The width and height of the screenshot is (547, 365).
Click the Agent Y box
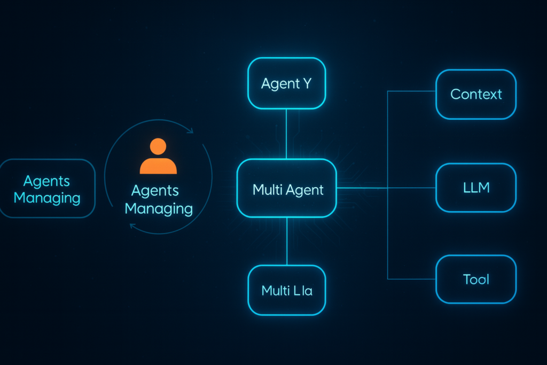pos(286,83)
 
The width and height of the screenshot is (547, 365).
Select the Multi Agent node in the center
pos(287,188)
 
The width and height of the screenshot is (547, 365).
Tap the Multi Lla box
pos(287,290)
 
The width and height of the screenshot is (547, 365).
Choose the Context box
pos(476,94)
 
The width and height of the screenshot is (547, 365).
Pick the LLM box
pos(476,188)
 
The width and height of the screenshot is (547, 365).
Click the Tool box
pos(476,279)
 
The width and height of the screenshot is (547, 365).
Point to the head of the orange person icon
pos(158,146)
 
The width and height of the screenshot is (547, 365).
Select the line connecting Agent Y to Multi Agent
pos(287,134)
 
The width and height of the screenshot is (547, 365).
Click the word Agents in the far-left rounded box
pos(47,181)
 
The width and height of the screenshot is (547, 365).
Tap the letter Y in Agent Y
pos(307,84)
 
